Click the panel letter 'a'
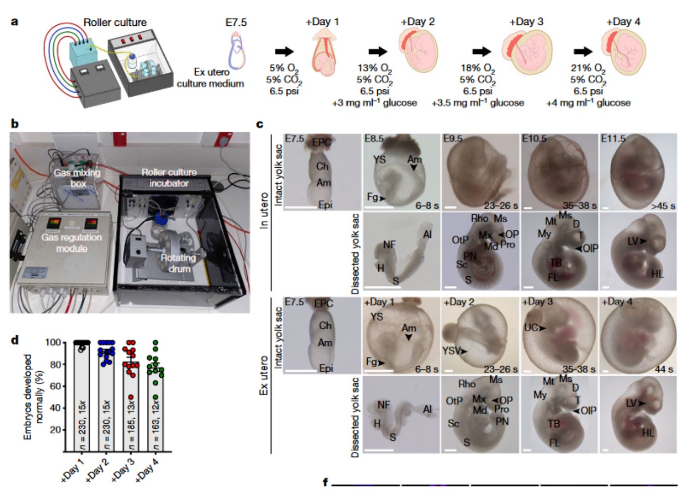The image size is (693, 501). [x=14, y=22]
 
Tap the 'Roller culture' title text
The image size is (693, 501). [x=115, y=23]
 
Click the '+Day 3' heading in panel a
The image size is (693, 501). [x=526, y=22]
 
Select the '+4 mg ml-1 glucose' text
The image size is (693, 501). [x=588, y=103]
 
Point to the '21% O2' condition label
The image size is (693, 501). [x=588, y=68]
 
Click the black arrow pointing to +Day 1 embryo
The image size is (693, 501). [x=284, y=51]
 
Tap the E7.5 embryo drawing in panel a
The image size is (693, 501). [x=238, y=50]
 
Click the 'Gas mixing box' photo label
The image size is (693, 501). [x=77, y=178]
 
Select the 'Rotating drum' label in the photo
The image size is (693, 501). [x=178, y=263]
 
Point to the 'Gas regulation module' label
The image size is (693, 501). [x=72, y=243]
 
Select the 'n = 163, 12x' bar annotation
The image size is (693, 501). [x=156, y=424]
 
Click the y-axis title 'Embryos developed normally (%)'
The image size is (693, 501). [x=34, y=396]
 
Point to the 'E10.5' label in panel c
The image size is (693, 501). [x=534, y=138]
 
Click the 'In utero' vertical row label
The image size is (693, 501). [x=264, y=211]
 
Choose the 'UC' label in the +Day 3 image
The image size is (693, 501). [x=531, y=327]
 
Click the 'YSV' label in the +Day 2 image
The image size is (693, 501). [x=451, y=350]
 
